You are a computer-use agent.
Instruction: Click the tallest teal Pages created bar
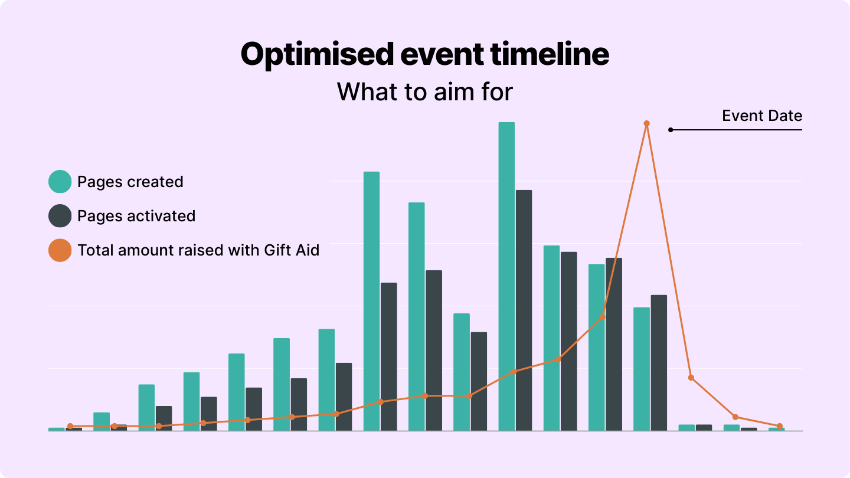click(506, 276)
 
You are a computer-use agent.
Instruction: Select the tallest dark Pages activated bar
click(524, 310)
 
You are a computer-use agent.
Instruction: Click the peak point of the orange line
click(646, 123)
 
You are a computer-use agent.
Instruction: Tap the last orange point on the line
click(779, 426)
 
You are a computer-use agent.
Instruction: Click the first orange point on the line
click(70, 426)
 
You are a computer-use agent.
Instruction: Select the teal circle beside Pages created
click(60, 182)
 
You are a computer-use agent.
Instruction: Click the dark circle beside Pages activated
click(60, 216)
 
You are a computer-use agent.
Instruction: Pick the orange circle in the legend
click(60, 250)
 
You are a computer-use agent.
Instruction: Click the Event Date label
click(762, 116)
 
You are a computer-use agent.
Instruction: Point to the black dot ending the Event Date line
click(671, 130)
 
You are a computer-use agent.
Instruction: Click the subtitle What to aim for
click(425, 92)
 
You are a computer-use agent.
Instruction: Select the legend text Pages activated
click(136, 216)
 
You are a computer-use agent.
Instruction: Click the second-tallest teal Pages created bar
click(371, 301)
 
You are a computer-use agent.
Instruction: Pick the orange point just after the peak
click(691, 378)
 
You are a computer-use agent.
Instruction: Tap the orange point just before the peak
click(602, 317)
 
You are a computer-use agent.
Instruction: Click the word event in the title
click(442, 54)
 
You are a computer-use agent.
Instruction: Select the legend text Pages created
click(130, 182)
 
